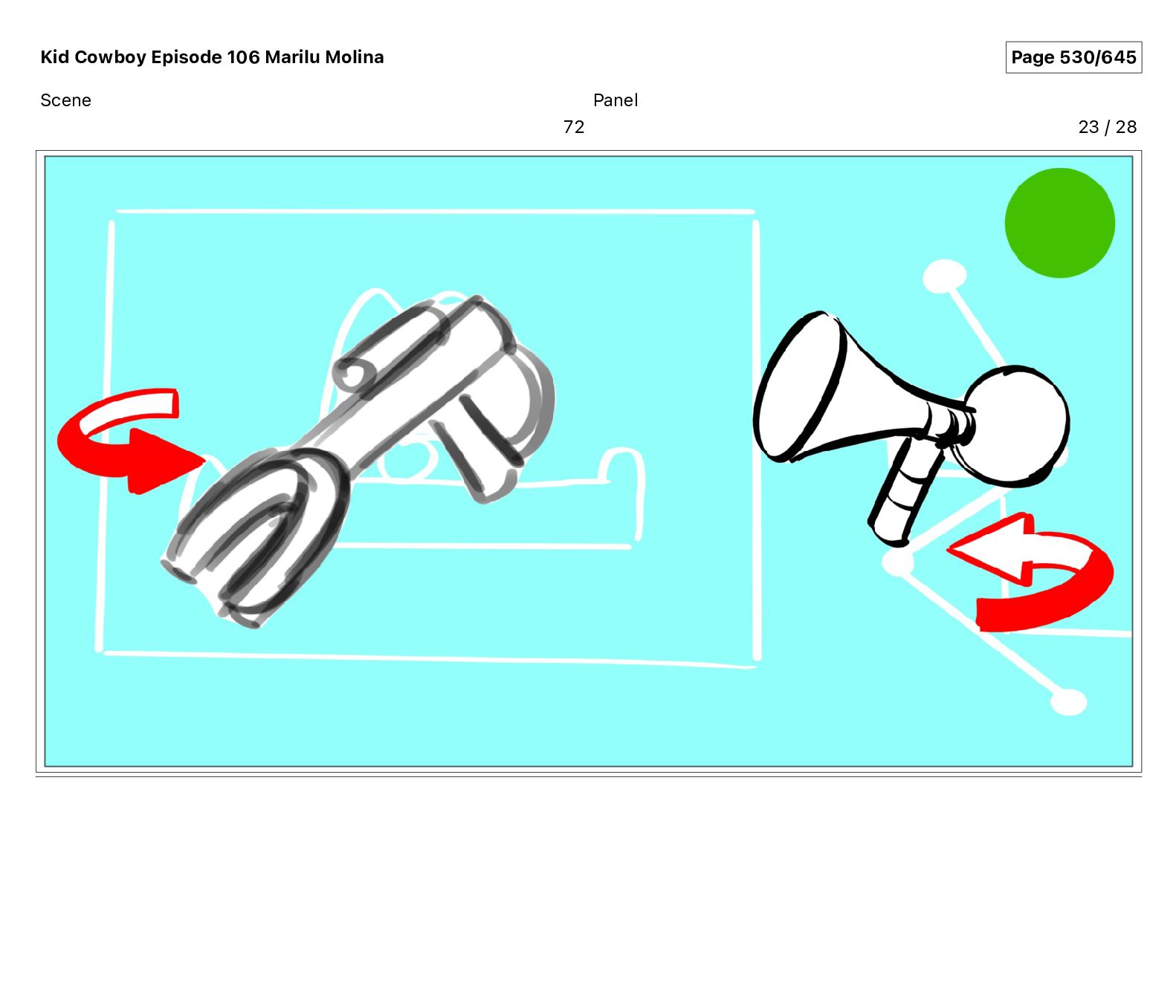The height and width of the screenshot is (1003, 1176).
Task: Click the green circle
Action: (x=1059, y=223)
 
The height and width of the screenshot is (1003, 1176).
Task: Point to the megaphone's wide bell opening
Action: (x=800, y=386)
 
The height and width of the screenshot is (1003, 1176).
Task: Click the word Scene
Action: (x=65, y=100)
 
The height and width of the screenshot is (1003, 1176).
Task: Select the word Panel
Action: (x=616, y=100)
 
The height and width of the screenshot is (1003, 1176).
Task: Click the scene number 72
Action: (x=574, y=127)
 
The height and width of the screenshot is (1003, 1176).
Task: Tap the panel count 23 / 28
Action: (x=1107, y=127)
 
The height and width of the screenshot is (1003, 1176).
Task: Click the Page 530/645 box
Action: (x=1073, y=57)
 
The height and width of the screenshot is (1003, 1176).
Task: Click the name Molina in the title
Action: (x=355, y=57)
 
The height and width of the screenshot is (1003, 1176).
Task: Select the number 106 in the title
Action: (x=243, y=57)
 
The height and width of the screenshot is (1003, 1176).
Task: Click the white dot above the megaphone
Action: (x=944, y=277)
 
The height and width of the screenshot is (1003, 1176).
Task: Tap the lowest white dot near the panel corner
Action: (x=1069, y=702)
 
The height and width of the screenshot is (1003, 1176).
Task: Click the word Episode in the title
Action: (x=187, y=57)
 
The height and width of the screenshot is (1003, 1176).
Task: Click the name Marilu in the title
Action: (x=293, y=57)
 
